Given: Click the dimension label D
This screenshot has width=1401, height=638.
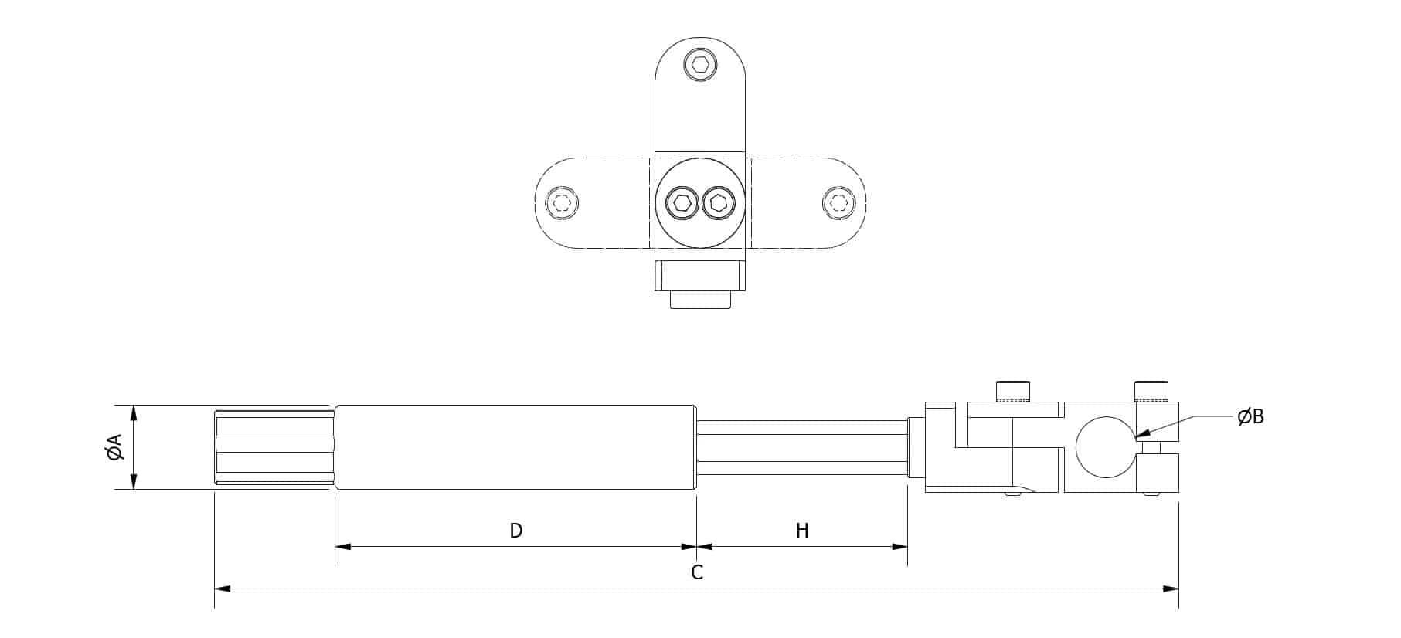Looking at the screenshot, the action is coord(516,531).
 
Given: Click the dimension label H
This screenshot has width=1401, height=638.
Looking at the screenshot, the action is coord(802,531).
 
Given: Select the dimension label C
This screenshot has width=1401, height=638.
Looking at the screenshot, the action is coord(697,572).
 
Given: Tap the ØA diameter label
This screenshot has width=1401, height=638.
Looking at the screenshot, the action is coord(115,447).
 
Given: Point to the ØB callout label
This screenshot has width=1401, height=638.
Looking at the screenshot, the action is coord(1250,417).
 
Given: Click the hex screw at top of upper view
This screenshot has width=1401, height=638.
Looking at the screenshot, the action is coord(700,65).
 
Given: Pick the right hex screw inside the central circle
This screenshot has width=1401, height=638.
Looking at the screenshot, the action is coord(718,204).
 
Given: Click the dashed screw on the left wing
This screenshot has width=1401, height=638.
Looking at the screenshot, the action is coord(562,204).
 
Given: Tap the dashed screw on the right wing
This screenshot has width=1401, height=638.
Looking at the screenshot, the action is coord(838,204).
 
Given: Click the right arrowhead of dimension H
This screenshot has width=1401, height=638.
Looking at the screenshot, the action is coord(899,547).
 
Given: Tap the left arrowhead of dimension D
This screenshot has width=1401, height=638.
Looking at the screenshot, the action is coord(343,547).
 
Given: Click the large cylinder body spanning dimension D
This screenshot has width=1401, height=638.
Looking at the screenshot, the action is coord(516,447).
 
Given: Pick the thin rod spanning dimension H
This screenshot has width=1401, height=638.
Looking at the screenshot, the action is coord(802,447).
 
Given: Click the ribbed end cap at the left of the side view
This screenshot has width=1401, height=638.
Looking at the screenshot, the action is coord(274,447).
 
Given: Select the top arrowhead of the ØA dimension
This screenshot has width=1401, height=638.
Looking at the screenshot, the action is coord(134,413).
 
